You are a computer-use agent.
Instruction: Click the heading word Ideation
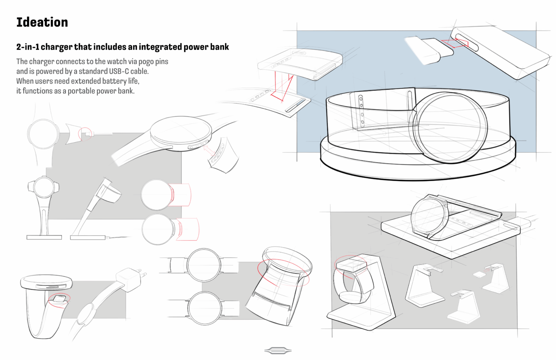[42, 22]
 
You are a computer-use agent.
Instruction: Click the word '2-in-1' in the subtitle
[27, 47]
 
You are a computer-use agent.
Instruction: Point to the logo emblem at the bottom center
[278, 350]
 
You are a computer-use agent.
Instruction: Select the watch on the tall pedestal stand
[44, 188]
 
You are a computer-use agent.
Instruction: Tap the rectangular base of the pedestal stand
[44, 237]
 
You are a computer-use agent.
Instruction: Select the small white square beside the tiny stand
[479, 274]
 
